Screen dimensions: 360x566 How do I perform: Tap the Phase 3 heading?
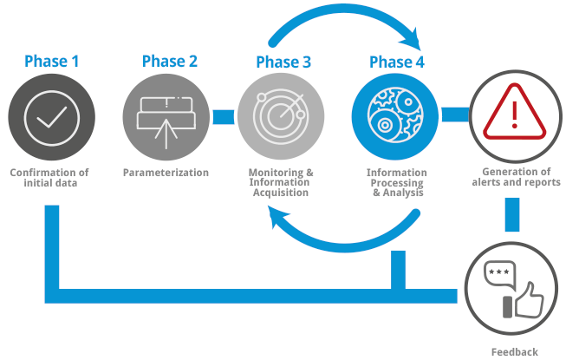[283, 62]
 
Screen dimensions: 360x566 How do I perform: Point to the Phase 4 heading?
[397, 62]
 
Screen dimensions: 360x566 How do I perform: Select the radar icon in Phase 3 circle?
[281, 115]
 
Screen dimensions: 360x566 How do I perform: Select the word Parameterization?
[166, 173]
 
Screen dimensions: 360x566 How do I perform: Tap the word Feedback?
[514, 351]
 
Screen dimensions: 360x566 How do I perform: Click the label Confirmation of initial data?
[49, 178]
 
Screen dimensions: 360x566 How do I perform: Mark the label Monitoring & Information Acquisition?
[281, 183]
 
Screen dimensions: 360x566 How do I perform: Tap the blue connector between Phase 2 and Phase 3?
[224, 115]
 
